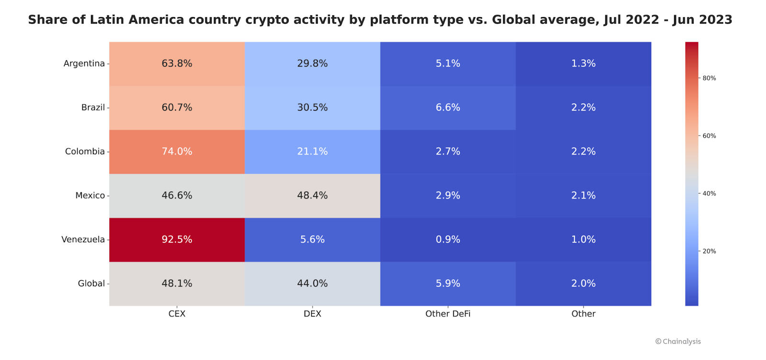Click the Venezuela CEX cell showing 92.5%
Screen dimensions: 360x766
click(177, 239)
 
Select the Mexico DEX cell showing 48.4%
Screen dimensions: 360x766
click(312, 195)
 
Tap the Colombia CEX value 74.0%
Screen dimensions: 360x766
click(177, 151)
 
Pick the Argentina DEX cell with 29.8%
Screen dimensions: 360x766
click(312, 64)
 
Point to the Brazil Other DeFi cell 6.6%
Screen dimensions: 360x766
click(448, 108)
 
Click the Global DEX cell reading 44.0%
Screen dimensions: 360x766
click(312, 283)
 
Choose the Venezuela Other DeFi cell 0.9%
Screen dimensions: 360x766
click(448, 239)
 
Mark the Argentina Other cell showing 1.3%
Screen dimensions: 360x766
click(583, 64)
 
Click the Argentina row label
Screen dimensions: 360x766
click(84, 64)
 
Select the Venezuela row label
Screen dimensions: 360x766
click(83, 239)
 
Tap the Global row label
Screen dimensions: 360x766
click(91, 283)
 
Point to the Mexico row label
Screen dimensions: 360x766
click(90, 195)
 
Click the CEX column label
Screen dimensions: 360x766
click(177, 314)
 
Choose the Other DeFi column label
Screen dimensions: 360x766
click(448, 314)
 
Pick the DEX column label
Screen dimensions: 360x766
click(312, 314)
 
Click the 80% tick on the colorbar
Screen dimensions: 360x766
click(709, 78)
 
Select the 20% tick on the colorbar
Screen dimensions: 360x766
click(709, 251)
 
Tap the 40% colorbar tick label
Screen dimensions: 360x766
click(709, 193)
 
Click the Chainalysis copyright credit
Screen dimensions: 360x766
click(678, 341)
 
